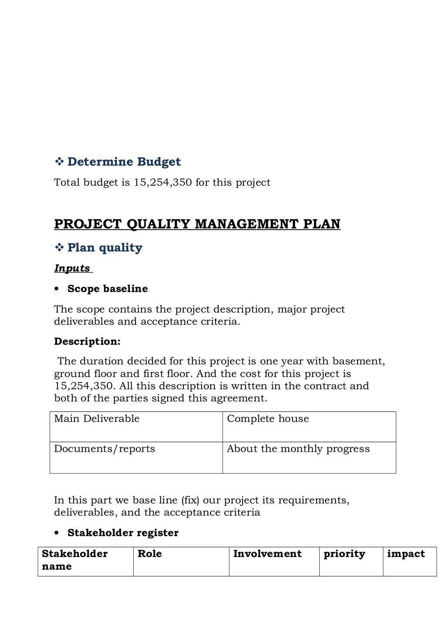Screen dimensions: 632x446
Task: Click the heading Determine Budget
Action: click(x=124, y=162)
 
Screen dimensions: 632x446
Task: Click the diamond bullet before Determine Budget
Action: click(x=59, y=162)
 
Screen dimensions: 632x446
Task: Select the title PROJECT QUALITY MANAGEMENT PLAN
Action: click(x=197, y=224)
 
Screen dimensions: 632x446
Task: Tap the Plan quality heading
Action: click(x=105, y=248)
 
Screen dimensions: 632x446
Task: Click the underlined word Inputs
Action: click(x=72, y=268)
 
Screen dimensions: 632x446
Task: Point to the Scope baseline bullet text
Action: click(x=108, y=289)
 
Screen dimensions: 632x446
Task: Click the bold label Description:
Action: click(x=87, y=341)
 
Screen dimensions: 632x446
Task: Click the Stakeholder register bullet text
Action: click(x=123, y=533)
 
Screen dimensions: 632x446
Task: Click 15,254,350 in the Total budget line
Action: click(x=162, y=182)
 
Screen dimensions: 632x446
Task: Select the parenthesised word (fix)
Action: click(x=190, y=500)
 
